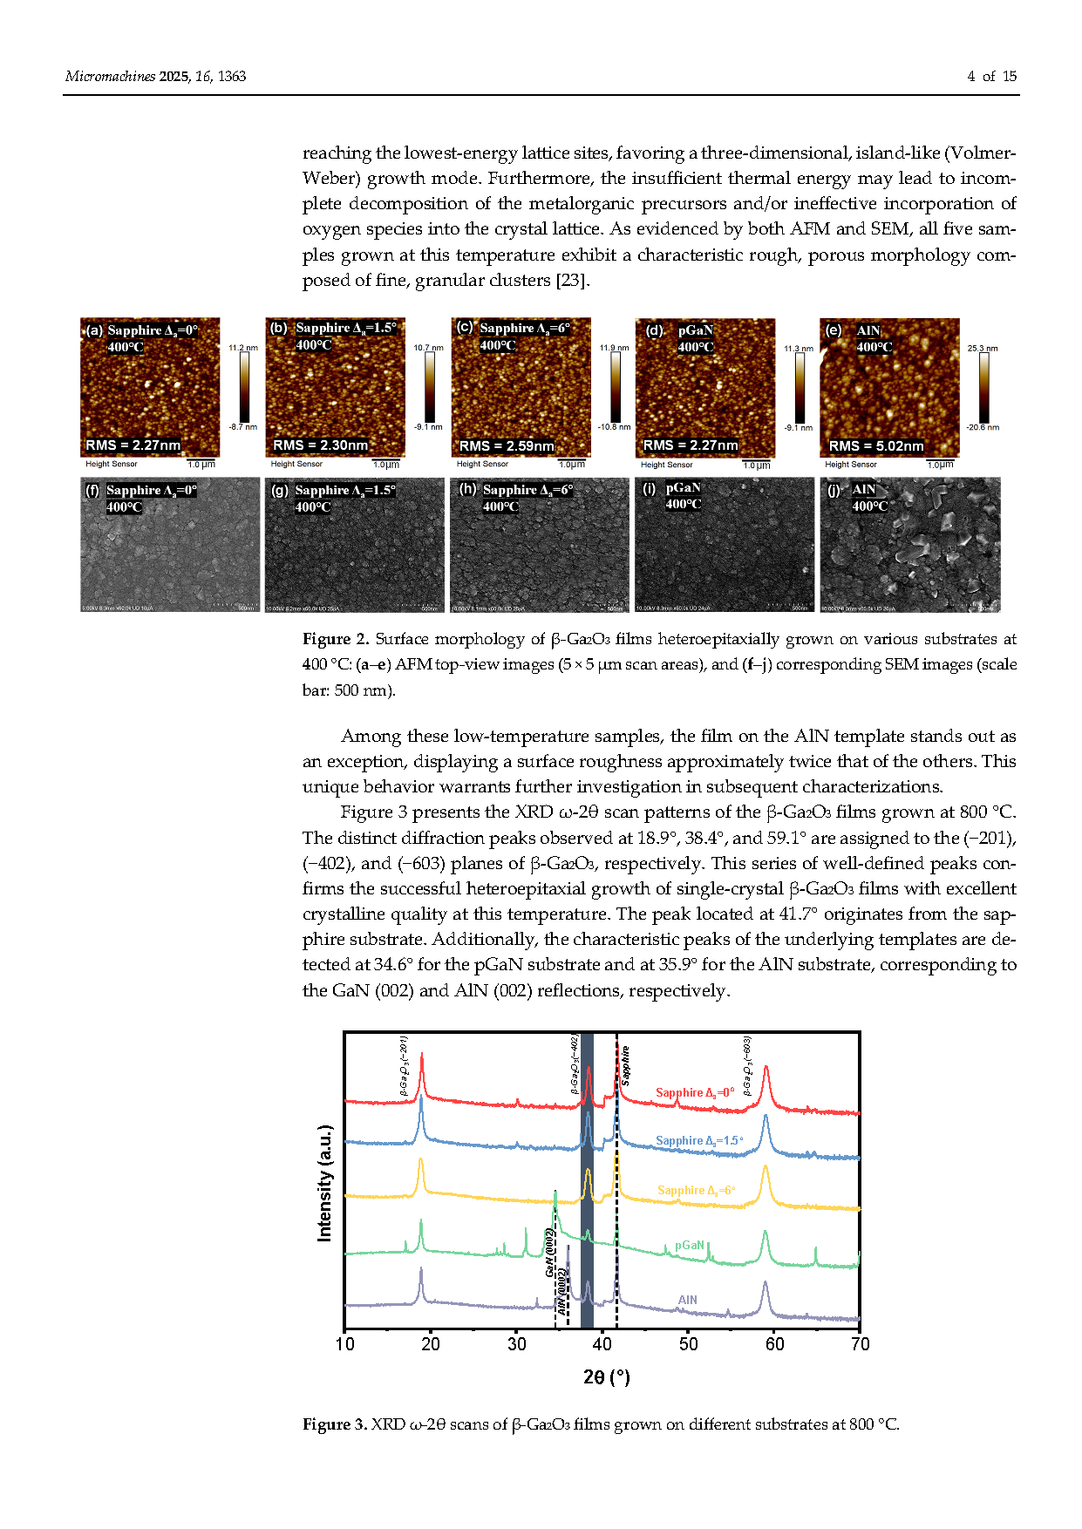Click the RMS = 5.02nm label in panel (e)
[875, 446]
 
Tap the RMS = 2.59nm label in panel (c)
[507, 446]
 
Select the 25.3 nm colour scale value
[983, 349]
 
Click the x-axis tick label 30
[517, 1344]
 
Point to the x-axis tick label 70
[860, 1344]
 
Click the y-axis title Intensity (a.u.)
[325, 1182]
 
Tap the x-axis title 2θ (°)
[606, 1377]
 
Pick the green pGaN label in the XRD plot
[689, 1245]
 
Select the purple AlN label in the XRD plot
[687, 1300]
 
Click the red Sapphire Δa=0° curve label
[694, 1092]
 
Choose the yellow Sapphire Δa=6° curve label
[696, 1190]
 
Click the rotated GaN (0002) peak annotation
[550, 1253]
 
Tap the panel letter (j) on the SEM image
[834, 490]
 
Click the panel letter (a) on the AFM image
[93, 330]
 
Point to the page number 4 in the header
[970, 77]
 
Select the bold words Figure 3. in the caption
[335, 1424]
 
